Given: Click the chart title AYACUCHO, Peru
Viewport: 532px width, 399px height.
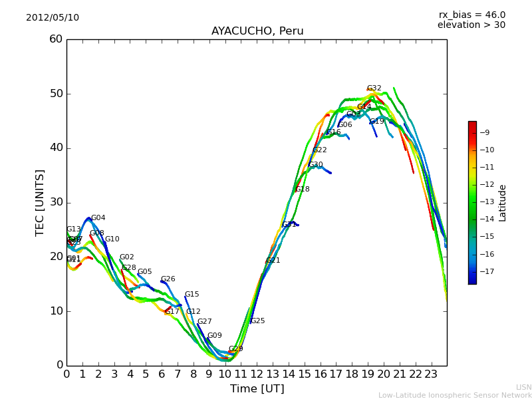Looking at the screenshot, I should [x=257, y=31].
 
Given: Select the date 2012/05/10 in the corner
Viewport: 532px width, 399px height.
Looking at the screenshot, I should [x=53, y=17].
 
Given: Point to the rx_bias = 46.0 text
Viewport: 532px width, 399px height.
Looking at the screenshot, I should [x=472, y=15].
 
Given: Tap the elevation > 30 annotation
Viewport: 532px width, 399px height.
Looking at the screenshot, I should [x=471, y=25].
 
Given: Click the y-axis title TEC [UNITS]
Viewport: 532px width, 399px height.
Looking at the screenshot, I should [x=40, y=202].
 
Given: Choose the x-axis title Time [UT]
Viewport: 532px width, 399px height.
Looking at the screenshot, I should [x=257, y=388].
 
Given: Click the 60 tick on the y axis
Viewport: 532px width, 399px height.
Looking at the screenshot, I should [x=56, y=39].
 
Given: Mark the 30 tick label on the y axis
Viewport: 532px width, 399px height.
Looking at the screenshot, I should [x=56, y=202].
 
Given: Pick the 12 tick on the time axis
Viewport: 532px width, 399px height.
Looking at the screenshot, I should [x=257, y=374].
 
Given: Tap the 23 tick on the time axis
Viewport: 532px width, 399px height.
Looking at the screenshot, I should [x=431, y=374].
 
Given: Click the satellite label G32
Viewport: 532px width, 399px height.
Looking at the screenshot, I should [x=374, y=88].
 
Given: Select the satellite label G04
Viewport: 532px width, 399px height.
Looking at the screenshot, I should [x=98, y=218].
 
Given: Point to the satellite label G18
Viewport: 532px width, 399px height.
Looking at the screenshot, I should [x=303, y=190].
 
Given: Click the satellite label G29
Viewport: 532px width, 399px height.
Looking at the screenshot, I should [x=235, y=349].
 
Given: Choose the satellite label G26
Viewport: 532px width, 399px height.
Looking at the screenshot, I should [x=168, y=279].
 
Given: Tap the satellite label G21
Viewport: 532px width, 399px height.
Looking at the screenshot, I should [x=273, y=261].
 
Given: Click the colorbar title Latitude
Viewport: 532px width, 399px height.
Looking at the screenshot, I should [x=503, y=203].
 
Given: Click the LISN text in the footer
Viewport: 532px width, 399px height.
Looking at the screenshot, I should [x=524, y=387].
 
